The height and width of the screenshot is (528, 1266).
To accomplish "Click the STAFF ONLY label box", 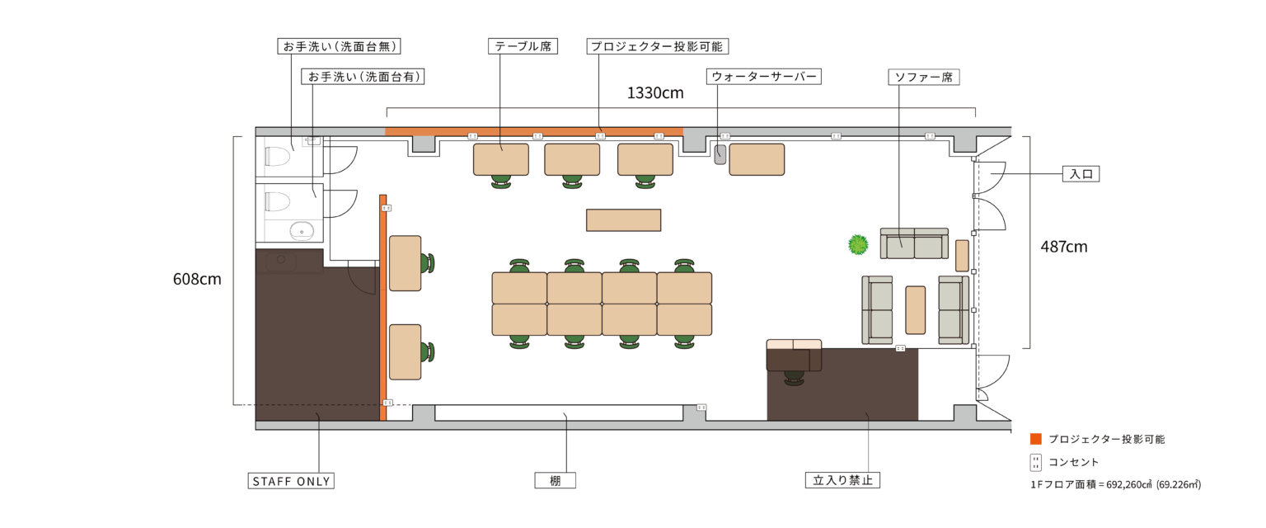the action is coord(291,481).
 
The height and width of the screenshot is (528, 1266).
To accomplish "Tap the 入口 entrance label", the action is coord(1081,174).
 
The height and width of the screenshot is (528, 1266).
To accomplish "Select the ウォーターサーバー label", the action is coord(763,77).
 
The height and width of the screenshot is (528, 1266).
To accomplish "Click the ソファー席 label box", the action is coord(924,77).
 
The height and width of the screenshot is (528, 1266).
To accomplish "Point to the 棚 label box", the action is coord(555,480).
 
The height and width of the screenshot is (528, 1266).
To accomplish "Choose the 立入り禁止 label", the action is coord(842,480).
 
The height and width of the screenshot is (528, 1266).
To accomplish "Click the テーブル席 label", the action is coord(523,46).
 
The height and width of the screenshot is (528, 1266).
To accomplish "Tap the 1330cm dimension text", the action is coord(655,92).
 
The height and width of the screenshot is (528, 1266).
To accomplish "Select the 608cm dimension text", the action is coord(197,279).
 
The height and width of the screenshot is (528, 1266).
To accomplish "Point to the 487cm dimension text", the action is coord(1064,247).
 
